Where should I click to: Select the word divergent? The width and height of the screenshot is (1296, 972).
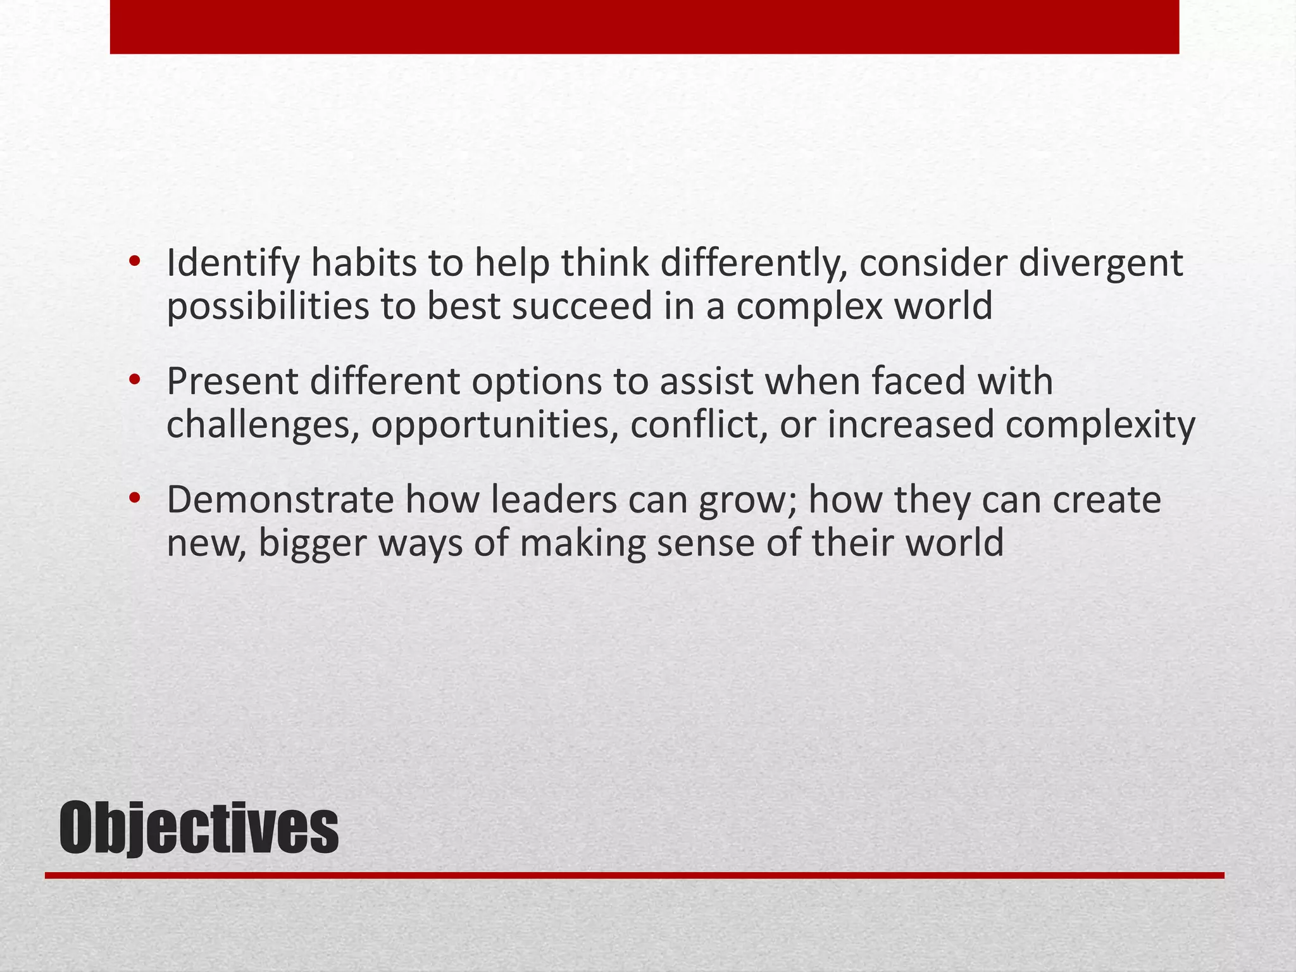point(1100,265)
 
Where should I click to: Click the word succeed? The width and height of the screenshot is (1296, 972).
point(582,306)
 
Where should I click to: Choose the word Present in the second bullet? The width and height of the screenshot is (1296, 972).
point(232,382)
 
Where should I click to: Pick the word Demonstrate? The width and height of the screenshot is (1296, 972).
point(280,500)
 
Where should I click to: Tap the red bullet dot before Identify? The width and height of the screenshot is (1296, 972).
point(134,261)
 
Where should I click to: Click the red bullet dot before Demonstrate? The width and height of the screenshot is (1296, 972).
point(134,498)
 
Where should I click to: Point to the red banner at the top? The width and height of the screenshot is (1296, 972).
point(644,27)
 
